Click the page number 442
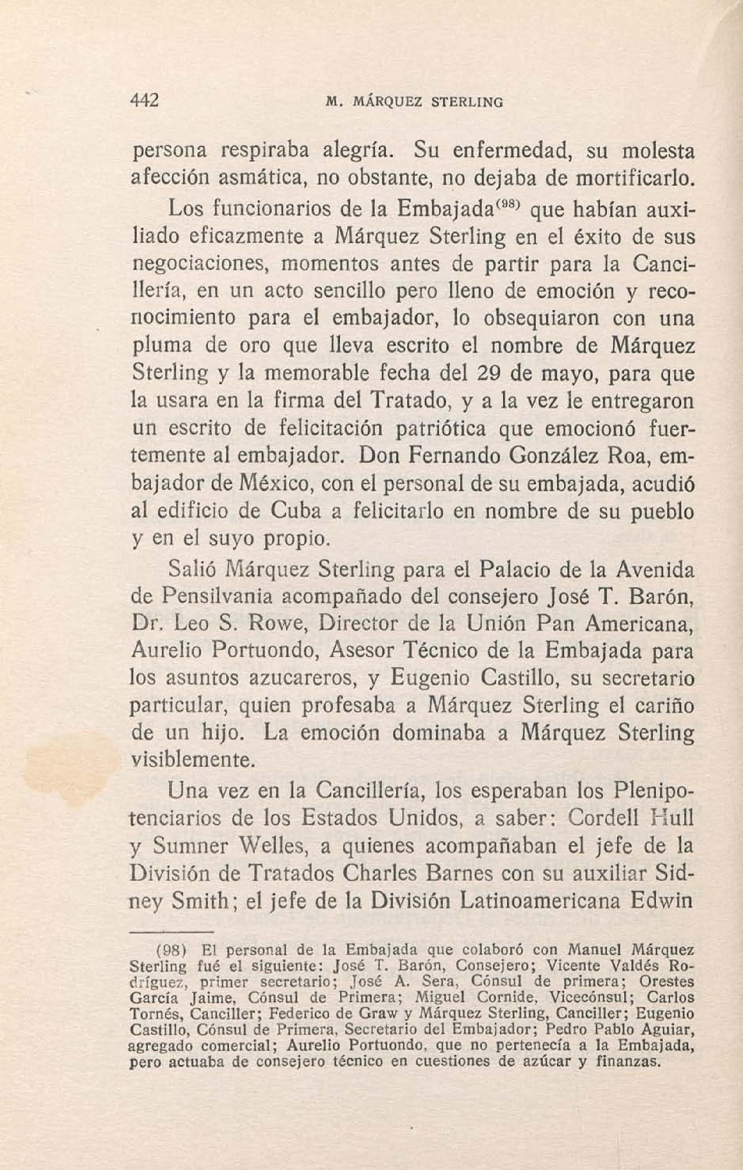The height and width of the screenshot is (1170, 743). click(145, 101)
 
